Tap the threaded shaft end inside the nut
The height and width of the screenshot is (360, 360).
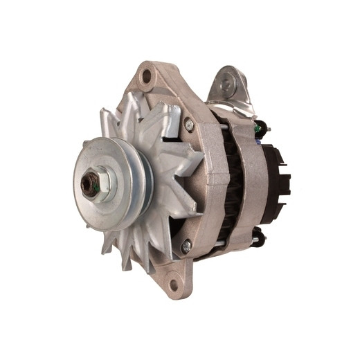(89, 184)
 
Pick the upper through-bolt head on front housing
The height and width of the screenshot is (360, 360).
(188, 125)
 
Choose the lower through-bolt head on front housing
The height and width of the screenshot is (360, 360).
(186, 246)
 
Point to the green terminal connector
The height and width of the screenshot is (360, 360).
(259, 127)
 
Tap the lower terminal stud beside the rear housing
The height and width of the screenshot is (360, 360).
(257, 240)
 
